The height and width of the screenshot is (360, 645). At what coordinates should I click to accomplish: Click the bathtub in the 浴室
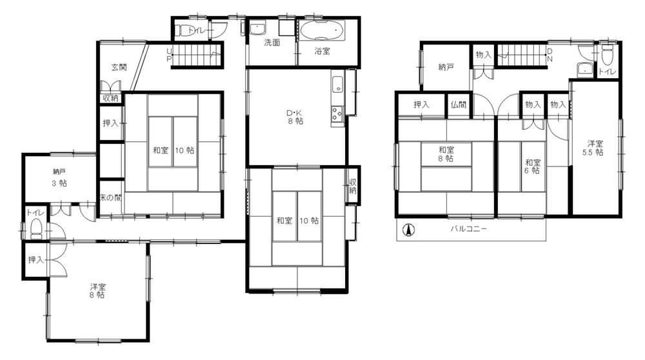tap(322, 31)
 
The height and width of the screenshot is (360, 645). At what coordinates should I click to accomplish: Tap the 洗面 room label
tap(272, 42)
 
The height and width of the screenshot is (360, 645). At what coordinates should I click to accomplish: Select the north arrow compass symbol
tap(408, 230)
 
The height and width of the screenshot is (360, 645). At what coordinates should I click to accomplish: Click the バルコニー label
tap(468, 229)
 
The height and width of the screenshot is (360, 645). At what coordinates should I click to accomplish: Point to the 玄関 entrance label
tap(119, 67)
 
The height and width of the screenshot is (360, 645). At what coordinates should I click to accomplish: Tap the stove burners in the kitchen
tap(337, 113)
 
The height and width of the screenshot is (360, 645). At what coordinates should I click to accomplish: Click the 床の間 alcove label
tap(111, 197)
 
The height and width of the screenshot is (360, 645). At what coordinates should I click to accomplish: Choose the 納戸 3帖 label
tap(59, 177)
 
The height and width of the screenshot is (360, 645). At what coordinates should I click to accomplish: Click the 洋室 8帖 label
tap(97, 290)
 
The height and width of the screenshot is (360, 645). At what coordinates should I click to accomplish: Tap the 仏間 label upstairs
tap(458, 105)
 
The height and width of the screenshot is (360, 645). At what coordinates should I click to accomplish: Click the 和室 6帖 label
tap(533, 166)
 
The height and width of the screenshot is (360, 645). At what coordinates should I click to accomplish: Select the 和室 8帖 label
tap(446, 154)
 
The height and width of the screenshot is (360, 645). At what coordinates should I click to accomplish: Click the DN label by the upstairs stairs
tap(550, 55)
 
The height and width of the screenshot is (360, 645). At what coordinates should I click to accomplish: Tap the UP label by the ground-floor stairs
tap(169, 55)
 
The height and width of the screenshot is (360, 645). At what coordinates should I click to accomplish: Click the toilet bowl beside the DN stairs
tap(608, 54)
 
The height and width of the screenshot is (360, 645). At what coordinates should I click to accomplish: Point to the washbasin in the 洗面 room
tap(258, 29)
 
